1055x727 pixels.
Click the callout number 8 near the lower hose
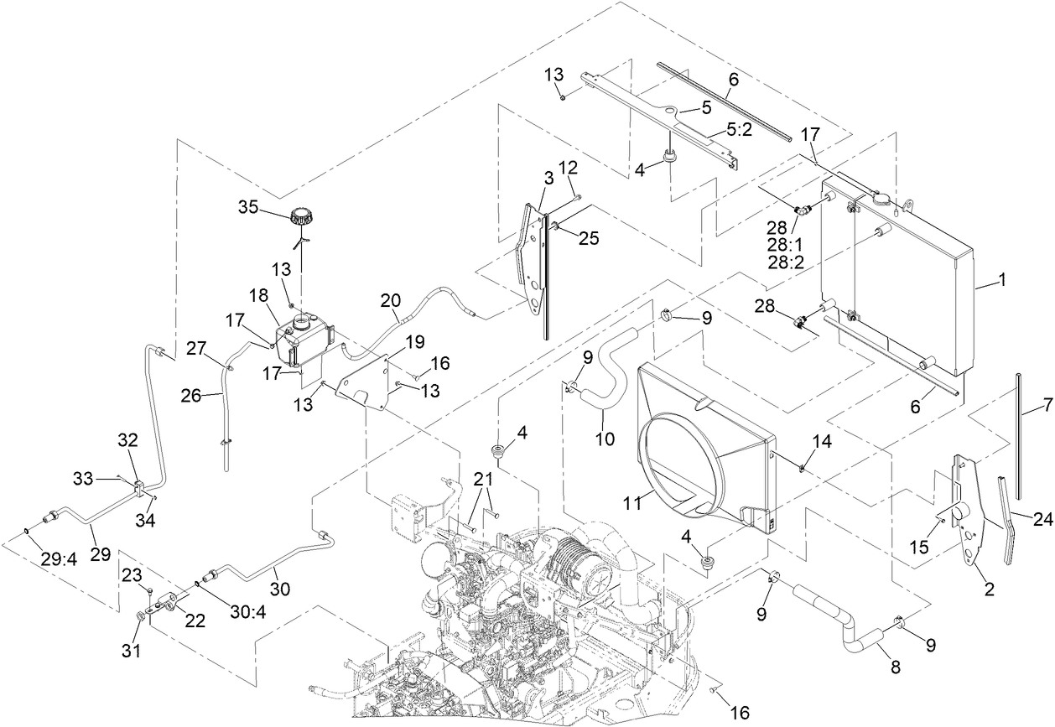tap(895, 668)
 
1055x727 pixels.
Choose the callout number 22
tap(195, 620)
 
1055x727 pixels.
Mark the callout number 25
tap(590, 239)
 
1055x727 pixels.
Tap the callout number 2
tap(989, 590)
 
